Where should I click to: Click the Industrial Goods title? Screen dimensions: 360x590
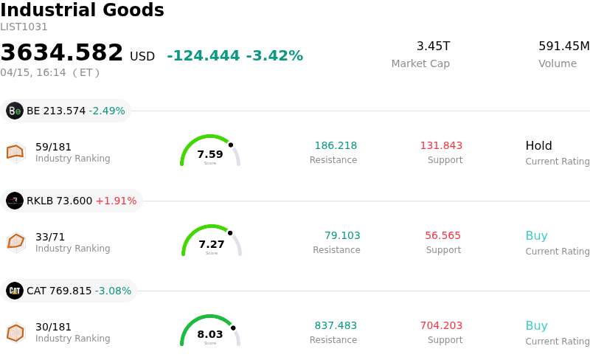tap(82, 10)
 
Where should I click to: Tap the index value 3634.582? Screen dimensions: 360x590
tap(62, 53)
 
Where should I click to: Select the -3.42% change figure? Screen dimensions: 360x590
tap(274, 56)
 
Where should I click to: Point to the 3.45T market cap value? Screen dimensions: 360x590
tap(433, 46)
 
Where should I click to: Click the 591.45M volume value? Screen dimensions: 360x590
tap(563, 46)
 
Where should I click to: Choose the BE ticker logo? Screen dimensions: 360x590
tap(15, 111)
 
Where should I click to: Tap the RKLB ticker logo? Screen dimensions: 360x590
tap(15, 201)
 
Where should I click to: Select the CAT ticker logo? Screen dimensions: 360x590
tap(15, 291)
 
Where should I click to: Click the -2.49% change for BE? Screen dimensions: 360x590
tap(107, 111)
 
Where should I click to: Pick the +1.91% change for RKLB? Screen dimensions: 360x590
tap(116, 201)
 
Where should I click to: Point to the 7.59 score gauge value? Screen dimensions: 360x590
tap(210, 154)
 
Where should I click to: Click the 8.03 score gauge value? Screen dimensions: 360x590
tap(210, 334)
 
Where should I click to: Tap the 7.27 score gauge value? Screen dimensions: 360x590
tap(212, 244)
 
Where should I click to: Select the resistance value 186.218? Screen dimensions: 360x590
tap(336, 145)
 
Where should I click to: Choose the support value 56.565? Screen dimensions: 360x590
tap(442, 235)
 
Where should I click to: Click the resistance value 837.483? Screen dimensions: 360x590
tap(336, 325)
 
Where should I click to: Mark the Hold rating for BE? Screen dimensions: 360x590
tap(538, 145)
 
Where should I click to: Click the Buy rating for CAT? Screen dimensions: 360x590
tap(536, 325)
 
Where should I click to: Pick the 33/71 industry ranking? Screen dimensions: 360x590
tap(50, 237)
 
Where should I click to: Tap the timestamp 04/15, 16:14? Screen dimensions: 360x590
tap(33, 72)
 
